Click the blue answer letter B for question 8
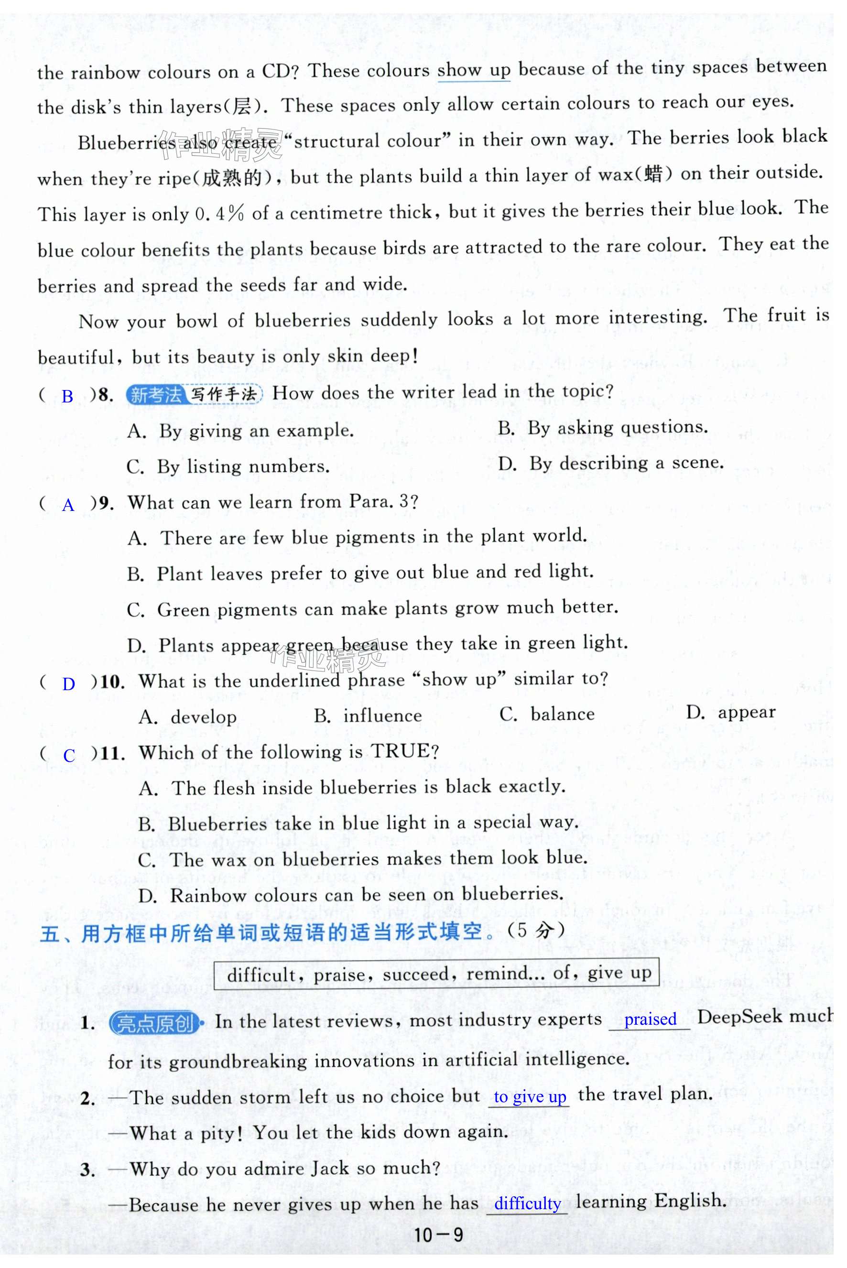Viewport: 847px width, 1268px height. click(x=67, y=397)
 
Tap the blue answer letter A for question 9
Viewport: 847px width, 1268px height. click(x=68, y=506)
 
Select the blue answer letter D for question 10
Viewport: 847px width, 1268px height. click(x=69, y=684)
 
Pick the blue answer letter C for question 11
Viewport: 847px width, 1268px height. click(x=69, y=756)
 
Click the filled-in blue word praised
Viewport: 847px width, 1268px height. click(x=650, y=1019)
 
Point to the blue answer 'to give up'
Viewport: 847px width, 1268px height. click(x=530, y=1097)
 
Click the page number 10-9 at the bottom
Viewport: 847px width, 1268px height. click(x=437, y=1235)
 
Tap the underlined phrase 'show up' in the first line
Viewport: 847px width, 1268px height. click(x=474, y=70)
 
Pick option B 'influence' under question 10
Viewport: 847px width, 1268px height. click(x=382, y=716)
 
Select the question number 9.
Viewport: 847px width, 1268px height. click(x=107, y=503)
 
